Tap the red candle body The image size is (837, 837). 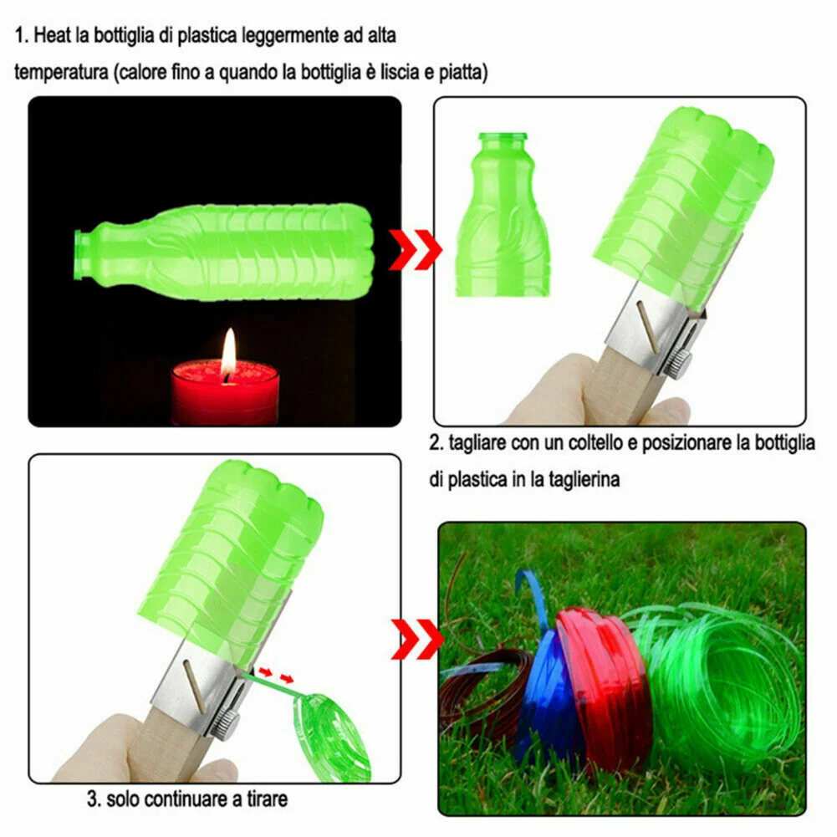click(225, 394)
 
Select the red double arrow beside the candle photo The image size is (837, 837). click(416, 248)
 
